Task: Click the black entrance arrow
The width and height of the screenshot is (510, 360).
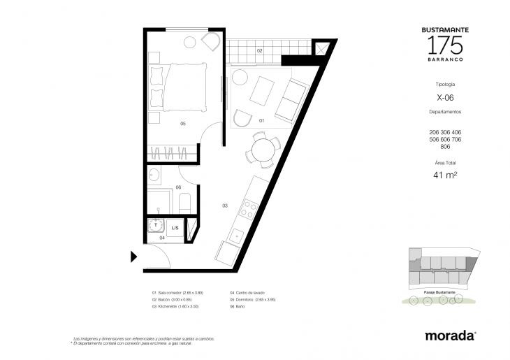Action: point(133,257)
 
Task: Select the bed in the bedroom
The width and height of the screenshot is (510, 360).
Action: point(180,86)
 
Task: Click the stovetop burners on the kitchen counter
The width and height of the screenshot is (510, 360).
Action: point(247,208)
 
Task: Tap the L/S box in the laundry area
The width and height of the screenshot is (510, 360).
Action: point(175,229)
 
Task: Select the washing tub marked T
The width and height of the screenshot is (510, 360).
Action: point(156,227)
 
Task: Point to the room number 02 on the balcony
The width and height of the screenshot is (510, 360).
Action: point(259,50)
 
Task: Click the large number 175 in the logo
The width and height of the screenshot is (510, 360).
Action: point(444,45)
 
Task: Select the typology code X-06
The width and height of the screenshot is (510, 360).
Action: point(444,98)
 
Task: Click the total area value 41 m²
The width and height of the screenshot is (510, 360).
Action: point(444,175)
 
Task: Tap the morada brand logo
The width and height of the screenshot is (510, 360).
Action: point(451,336)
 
